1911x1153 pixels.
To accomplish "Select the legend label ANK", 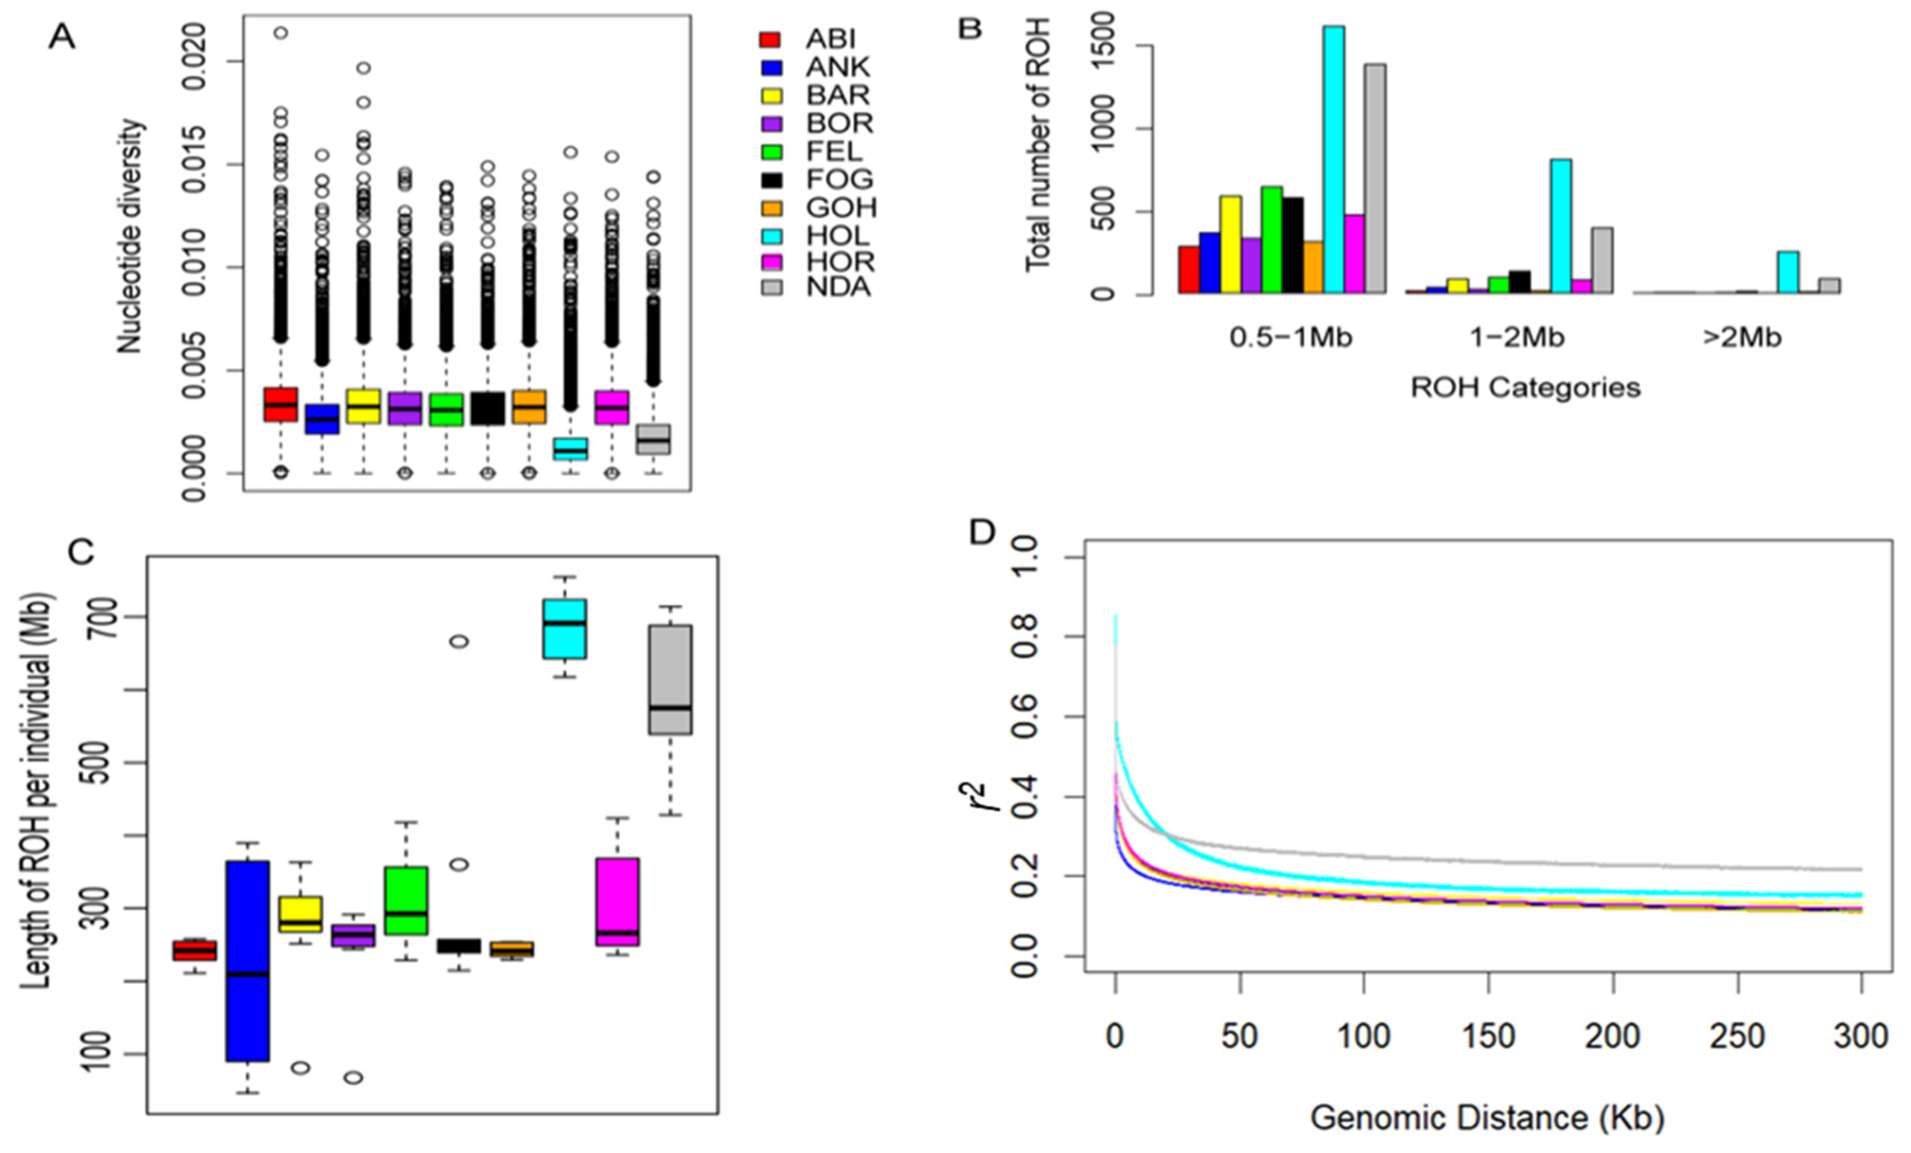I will (x=837, y=67).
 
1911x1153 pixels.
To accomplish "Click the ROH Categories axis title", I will (x=1525, y=388).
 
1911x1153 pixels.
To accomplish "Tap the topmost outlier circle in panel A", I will (x=281, y=33).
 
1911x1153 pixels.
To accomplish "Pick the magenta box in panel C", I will (x=618, y=902).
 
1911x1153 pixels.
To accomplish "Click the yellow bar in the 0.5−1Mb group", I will (x=1231, y=245).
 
